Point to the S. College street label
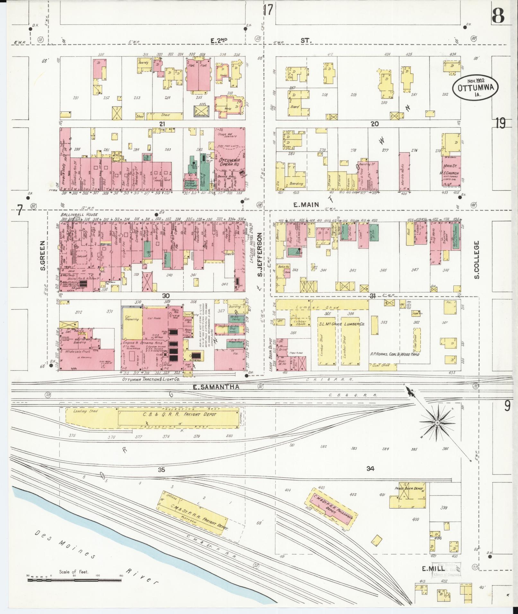[477, 260]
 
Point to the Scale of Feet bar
[74, 580]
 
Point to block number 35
[162, 470]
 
